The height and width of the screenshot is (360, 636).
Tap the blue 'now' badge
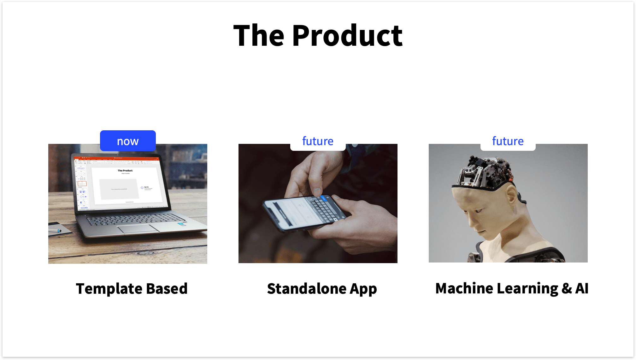tap(128, 141)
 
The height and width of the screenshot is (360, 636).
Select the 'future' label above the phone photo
tap(318, 141)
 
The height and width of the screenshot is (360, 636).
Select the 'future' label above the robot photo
tap(508, 141)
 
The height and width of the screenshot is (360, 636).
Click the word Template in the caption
tap(109, 289)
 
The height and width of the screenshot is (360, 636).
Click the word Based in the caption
tap(167, 289)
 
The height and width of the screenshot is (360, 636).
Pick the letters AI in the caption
tap(582, 288)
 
